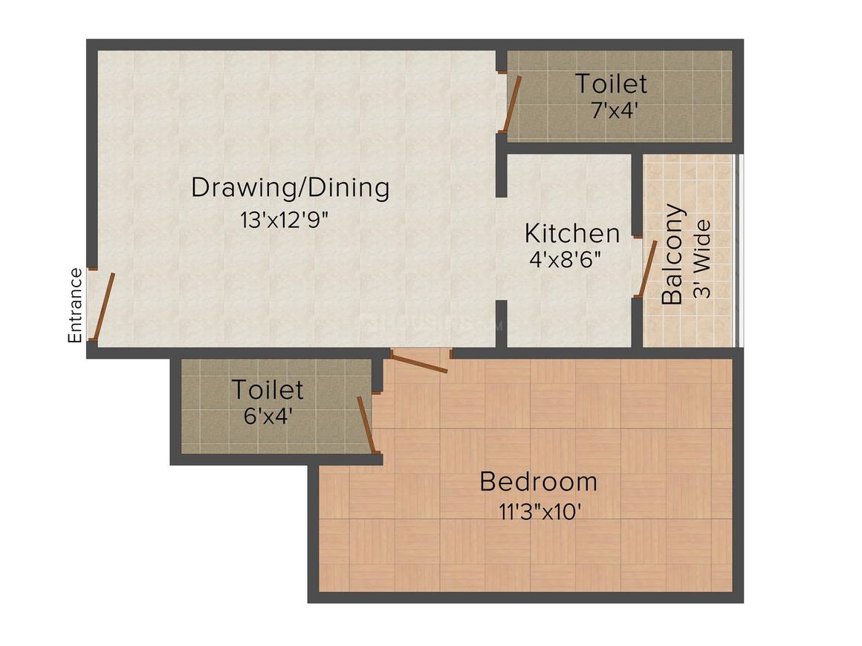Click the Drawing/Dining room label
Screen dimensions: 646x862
click(290, 187)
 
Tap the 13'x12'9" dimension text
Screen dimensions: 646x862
click(285, 221)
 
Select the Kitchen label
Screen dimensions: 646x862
click(571, 233)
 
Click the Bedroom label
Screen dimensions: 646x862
click(538, 481)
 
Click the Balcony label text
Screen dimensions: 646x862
click(673, 255)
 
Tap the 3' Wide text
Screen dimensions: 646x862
click(702, 258)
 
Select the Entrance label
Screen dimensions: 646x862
click(75, 305)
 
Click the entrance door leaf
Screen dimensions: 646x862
click(103, 306)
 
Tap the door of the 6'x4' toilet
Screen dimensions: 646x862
click(367, 424)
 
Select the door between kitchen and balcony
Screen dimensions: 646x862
click(648, 268)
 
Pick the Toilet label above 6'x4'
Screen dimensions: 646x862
click(267, 389)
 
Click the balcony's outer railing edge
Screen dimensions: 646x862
click(738, 251)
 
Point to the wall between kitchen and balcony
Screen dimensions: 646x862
click(637, 193)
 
